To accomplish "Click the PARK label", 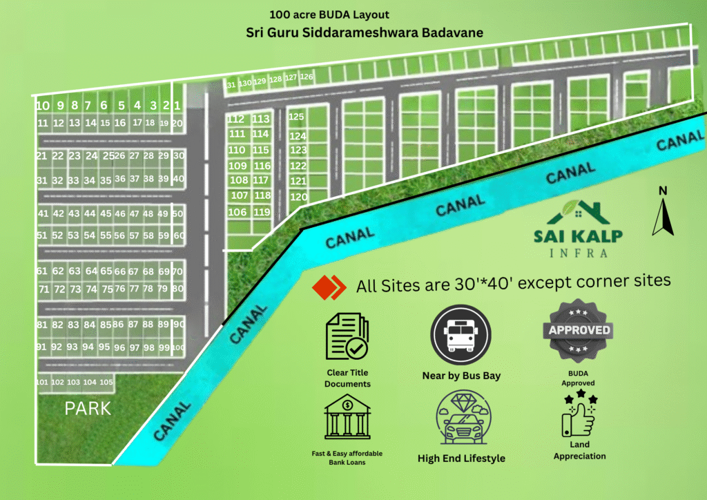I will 88,408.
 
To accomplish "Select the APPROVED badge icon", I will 579,330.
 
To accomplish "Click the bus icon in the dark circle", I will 461,334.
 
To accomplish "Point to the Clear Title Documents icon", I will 347,338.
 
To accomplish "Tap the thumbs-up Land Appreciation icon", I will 579,414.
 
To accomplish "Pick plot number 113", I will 260,119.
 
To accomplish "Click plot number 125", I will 297,117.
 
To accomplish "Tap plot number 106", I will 237,212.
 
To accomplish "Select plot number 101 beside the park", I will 42,382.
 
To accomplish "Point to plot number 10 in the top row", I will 43,106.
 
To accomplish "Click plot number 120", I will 298,197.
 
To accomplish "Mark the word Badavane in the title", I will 447,32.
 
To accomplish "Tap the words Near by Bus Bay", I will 461,376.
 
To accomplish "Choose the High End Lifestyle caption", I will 461,458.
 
